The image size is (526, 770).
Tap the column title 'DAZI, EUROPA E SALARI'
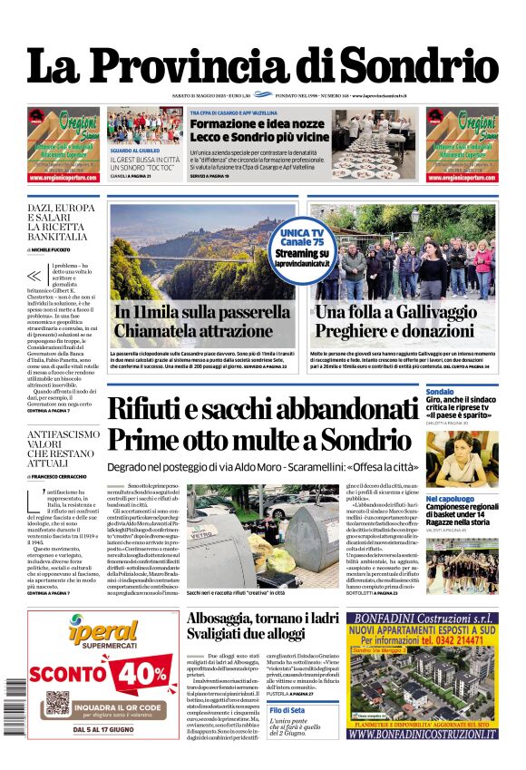click(61, 214)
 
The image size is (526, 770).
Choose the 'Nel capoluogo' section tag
click(449, 499)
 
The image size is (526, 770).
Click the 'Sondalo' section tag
click(440, 392)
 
